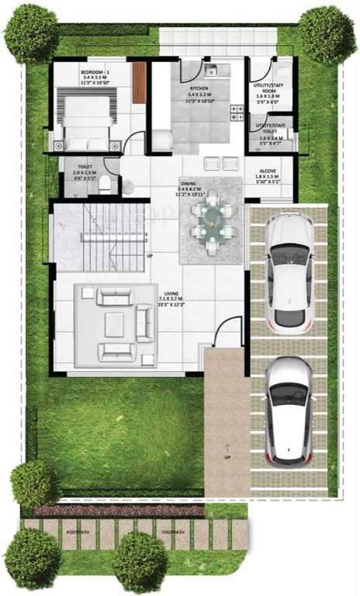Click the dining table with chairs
click(x=210, y=220)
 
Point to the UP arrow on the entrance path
click(x=227, y=451)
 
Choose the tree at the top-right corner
click(x=327, y=33)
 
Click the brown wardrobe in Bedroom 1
click(x=139, y=78)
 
